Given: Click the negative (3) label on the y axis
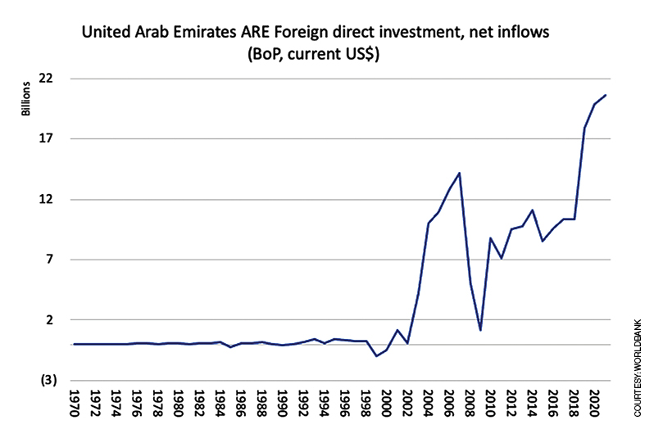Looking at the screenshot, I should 54,380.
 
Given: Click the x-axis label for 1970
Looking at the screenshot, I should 75,404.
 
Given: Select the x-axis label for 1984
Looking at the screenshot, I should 220,404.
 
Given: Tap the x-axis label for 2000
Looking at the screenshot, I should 387,404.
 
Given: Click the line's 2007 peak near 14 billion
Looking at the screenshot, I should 460,173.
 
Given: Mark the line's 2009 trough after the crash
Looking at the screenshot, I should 480,330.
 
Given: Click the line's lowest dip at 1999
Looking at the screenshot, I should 376,356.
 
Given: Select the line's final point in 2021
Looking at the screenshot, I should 605,95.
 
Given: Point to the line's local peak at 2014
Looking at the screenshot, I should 533,210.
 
